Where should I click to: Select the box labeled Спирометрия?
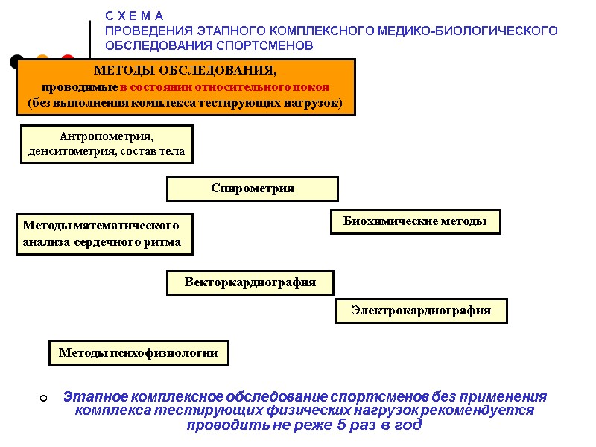253,188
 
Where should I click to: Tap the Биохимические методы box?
415,221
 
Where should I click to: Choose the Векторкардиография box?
250,282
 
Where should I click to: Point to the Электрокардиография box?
421,311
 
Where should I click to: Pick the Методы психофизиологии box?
139,353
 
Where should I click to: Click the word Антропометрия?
105,137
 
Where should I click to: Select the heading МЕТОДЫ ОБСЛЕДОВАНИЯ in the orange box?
185,71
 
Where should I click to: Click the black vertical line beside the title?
90,40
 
